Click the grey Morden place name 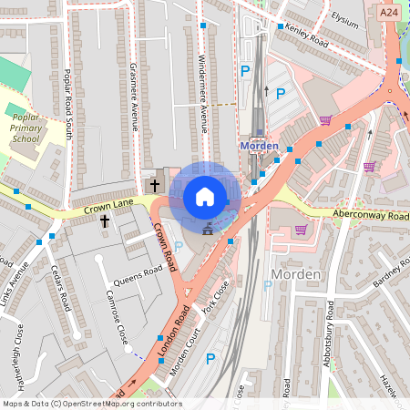click(x=296, y=274)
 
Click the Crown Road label click(x=164, y=248)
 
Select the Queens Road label click(x=137, y=282)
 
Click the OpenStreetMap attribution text click(x=91, y=404)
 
